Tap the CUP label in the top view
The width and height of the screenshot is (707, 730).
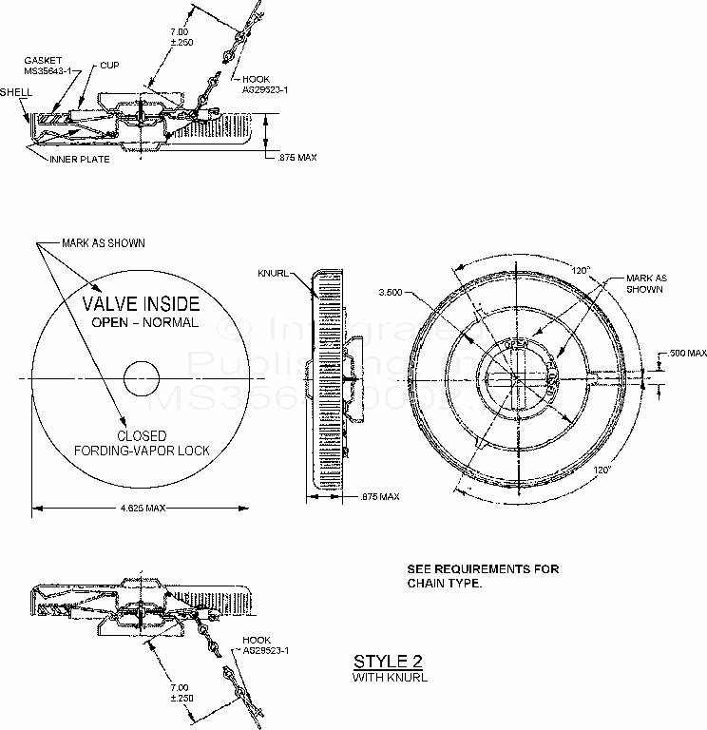tap(110, 66)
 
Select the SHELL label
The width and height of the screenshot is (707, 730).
tap(17, 93)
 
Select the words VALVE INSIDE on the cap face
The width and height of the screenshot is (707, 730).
tap(141, 304)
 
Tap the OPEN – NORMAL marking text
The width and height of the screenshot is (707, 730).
tap(144, 323)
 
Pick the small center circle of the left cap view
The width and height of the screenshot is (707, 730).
tap(143, 377)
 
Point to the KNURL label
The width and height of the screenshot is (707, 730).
tap(273, 273)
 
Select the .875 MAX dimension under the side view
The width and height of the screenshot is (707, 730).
tap(379, 496)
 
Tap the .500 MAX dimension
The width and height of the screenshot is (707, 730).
tap(687, 353)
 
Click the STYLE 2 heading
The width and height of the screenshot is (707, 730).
tap(387, 662)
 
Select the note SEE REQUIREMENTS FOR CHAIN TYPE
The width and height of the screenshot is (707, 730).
tap(483, 576)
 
